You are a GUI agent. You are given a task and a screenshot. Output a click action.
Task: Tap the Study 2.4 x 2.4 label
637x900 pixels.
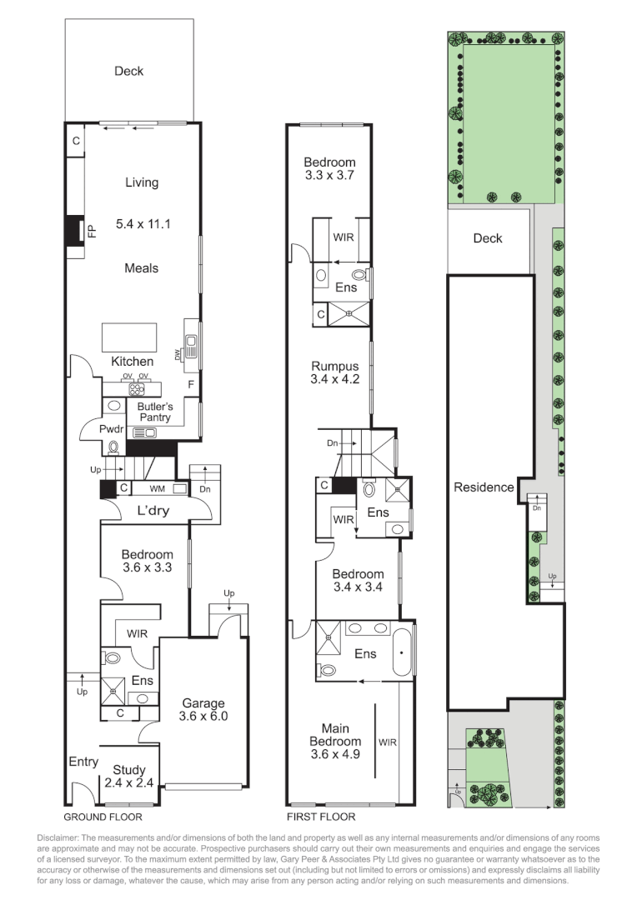(129, 776)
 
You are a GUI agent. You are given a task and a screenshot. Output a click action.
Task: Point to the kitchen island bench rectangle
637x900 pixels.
(130, 338)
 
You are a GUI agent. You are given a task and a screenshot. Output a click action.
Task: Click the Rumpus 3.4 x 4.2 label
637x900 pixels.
(334, 372)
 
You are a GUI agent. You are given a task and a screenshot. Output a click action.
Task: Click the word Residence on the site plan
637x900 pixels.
(484, 487)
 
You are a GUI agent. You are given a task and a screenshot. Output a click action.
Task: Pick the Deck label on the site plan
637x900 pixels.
(488, 238)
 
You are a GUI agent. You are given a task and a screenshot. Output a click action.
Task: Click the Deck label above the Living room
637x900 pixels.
(129, 71)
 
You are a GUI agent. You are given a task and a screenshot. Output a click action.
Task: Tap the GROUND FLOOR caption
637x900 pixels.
(103, 817)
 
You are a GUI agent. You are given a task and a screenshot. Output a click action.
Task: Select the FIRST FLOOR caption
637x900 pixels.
(321, 817)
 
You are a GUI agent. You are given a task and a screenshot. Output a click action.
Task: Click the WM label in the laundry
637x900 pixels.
(158, 488)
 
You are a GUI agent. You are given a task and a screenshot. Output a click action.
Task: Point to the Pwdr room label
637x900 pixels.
(111, 429)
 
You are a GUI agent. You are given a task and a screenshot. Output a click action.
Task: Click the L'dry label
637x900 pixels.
(153, 511)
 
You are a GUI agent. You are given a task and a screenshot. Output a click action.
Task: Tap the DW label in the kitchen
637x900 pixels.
(178, 356)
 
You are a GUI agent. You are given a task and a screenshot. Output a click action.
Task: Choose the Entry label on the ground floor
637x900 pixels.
(83, 762)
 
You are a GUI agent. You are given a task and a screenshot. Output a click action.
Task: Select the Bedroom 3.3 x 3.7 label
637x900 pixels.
(329, 169)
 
